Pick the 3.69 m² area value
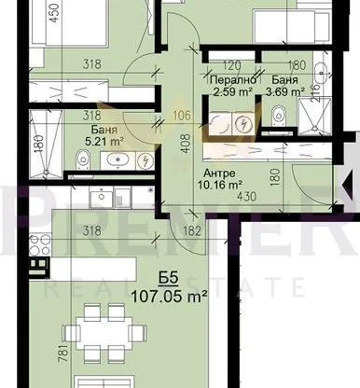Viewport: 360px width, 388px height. pyautogui.click(x=281, y=91)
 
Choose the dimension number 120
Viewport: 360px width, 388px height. pyautogui.click(x=231, y=66)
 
